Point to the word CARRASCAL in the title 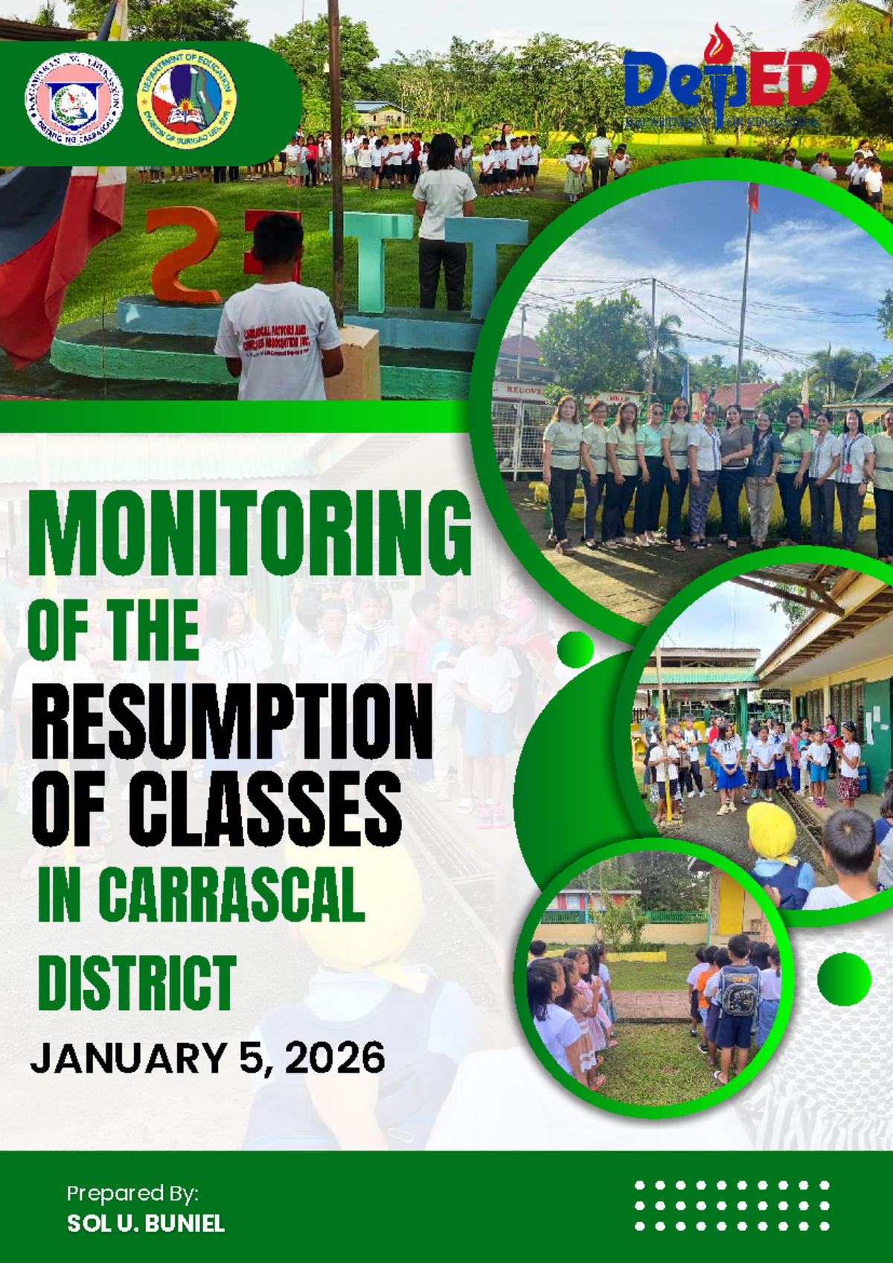pyautogui.click(x=231, y=895)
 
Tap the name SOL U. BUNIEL pyautogui.click(x=146, y=1223)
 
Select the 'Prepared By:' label pyautogui.click(x=132, y=1193)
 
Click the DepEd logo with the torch pyautogui.click(x=726, y=86)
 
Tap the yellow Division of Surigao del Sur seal pyautogui.click(x=187, y=99)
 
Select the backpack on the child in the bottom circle pyautogui.click(x=738, y=990)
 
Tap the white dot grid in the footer pyautogui.click(x=732, y=1206)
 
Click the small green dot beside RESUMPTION pyautogui.click(x=575, y=649)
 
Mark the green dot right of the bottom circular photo pyautogui.click(x=844, y=979)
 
